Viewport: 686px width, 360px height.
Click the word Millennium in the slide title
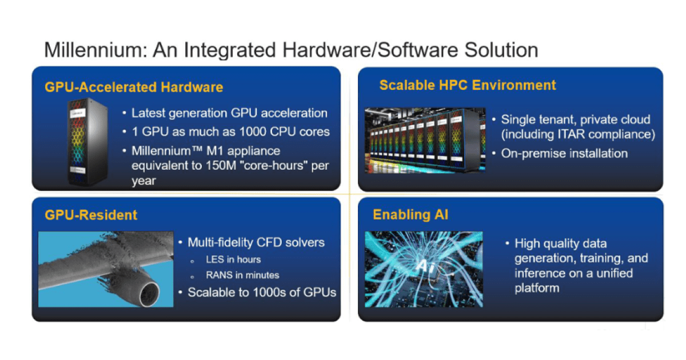tap(90, 50)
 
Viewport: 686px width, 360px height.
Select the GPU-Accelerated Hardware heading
tap(134, 87)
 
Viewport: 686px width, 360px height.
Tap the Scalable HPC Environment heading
tap(467, 86)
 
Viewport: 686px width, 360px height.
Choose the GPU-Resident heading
tap(91, 215)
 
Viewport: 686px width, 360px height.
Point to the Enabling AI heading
tap(410, 215)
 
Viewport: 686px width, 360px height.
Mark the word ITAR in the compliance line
tap(564, 135)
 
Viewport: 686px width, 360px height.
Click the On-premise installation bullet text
tap(564, 153)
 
